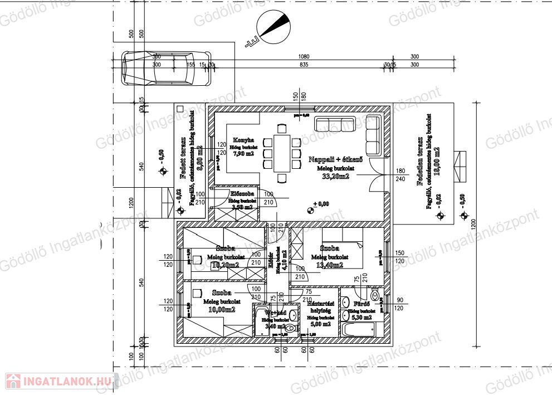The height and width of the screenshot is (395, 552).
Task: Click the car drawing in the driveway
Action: point(167,68)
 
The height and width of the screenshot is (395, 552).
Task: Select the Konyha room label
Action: point(243,140)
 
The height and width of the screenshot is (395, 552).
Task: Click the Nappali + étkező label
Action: point(336,159)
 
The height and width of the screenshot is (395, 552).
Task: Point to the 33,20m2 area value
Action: point(336,177)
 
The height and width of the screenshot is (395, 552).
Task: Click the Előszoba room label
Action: point(243,194)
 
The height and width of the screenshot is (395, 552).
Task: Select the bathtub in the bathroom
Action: point(359,329)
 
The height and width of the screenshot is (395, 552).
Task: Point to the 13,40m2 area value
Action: point(330,266)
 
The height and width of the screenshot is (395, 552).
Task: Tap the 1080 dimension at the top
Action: point(304,57)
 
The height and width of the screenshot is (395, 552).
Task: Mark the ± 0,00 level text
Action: point(321,204)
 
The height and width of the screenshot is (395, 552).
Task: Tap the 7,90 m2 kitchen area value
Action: point(243,153)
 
